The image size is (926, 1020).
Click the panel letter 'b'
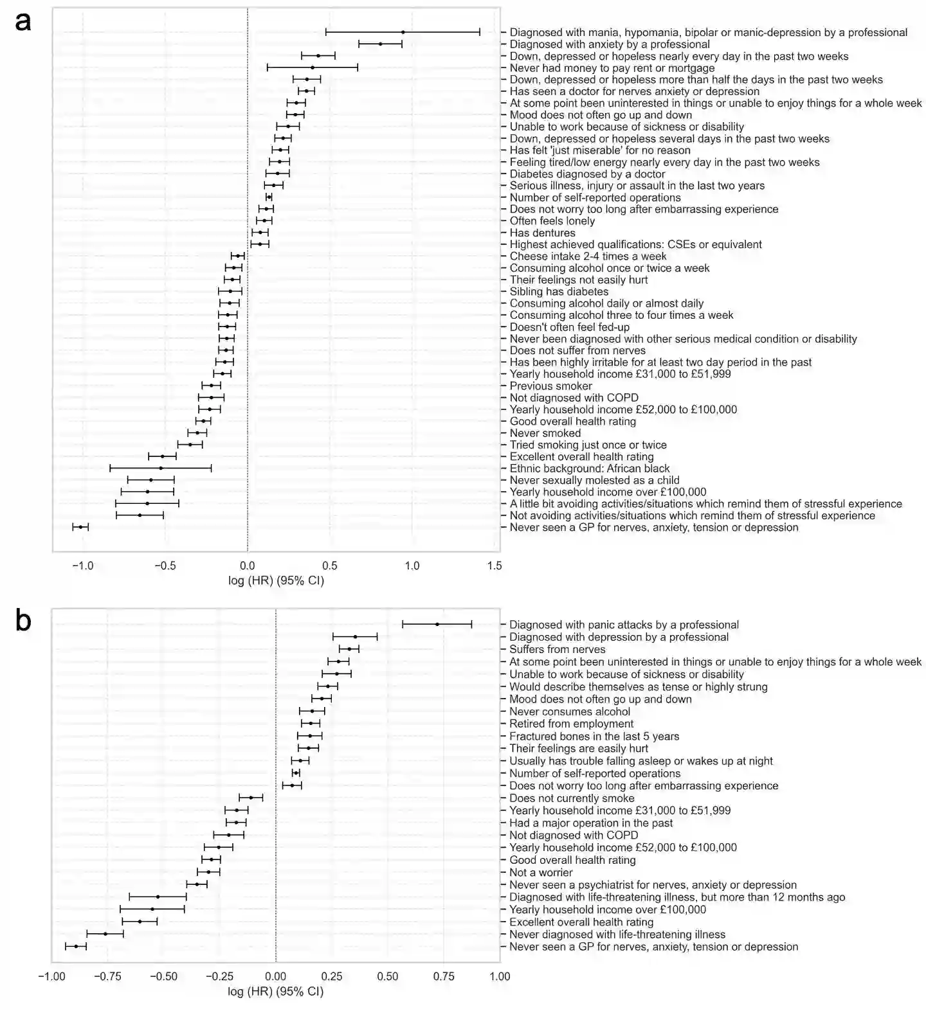[x=23, y=622]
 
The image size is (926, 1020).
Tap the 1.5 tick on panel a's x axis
[x=494, y=566]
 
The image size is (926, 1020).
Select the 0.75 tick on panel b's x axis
[x=443, y=976]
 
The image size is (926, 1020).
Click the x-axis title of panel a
[x=276, y=581]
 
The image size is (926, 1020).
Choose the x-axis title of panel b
[x=275, y=992]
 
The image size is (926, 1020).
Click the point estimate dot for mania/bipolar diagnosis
[x=403, y=31]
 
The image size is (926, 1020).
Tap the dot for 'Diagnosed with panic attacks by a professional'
[x=437, y=624]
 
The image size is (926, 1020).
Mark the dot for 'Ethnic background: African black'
[x=161, y=468]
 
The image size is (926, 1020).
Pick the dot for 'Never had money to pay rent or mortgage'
[x=313, y=67]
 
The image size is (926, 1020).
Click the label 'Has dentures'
[x=542, y=233]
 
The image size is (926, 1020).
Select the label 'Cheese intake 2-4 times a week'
[x=588, y=256]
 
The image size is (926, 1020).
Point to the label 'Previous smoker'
[x=550, y=386]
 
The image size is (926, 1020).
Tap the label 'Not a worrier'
[x=540, y=872]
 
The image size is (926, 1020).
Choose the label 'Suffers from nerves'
[x=557, y=649]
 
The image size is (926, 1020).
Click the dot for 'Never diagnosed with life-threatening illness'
[x=105, y=934]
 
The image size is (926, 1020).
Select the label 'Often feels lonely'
[x=552, y=221]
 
